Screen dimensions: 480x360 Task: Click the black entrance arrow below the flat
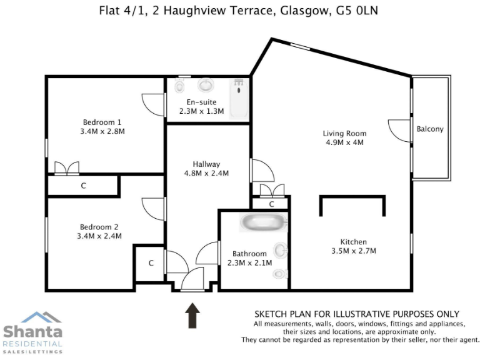click(x=192, y=315)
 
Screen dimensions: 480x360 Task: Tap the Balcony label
click(x=430, y=129)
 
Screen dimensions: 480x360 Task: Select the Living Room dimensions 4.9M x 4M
click(x=344, y=142)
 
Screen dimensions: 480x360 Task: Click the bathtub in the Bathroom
click(x=264, y=222)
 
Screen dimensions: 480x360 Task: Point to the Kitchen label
click(x=353, y=242)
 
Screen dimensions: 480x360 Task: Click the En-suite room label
click(x=201, y=102)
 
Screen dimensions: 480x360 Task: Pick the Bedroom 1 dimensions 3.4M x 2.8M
click(x=102, y=132)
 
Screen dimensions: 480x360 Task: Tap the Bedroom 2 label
click(x=99, y=227)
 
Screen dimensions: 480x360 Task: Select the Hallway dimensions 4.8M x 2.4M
click(x=206, y=173)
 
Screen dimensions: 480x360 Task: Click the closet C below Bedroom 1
click(x=83, y=186)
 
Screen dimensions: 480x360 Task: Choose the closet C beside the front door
click(x=151, y=263)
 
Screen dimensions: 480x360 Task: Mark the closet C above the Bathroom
click(x=271, y=204)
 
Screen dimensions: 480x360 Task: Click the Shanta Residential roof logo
click(x=33, y=317)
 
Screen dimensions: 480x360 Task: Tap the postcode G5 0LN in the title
click(x=358, y=11)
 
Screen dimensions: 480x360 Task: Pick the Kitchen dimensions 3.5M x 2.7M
click(x=353, y=251)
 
